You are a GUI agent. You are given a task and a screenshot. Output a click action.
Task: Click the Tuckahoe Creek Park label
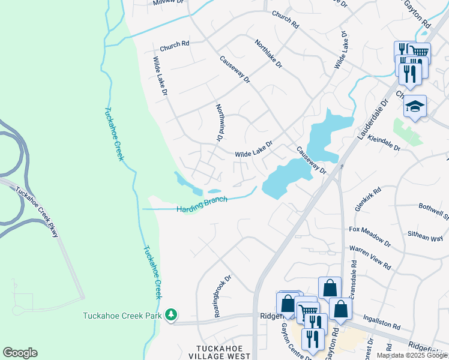(123, 316)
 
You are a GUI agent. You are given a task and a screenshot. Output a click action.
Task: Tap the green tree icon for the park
(171, 314)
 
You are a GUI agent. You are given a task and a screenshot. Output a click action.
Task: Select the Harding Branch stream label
(202, 205)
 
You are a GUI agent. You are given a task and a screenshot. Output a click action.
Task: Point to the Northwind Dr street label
(219, 122)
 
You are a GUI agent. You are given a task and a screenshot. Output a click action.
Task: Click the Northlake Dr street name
(268, 54)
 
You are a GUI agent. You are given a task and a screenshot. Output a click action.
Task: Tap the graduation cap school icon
(415, 106)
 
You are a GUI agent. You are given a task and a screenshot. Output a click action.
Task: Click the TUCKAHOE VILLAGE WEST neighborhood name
(223, 352)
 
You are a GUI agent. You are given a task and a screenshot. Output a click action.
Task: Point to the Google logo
(20, 353)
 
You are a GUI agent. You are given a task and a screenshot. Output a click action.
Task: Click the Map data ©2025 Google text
(412, 355)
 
